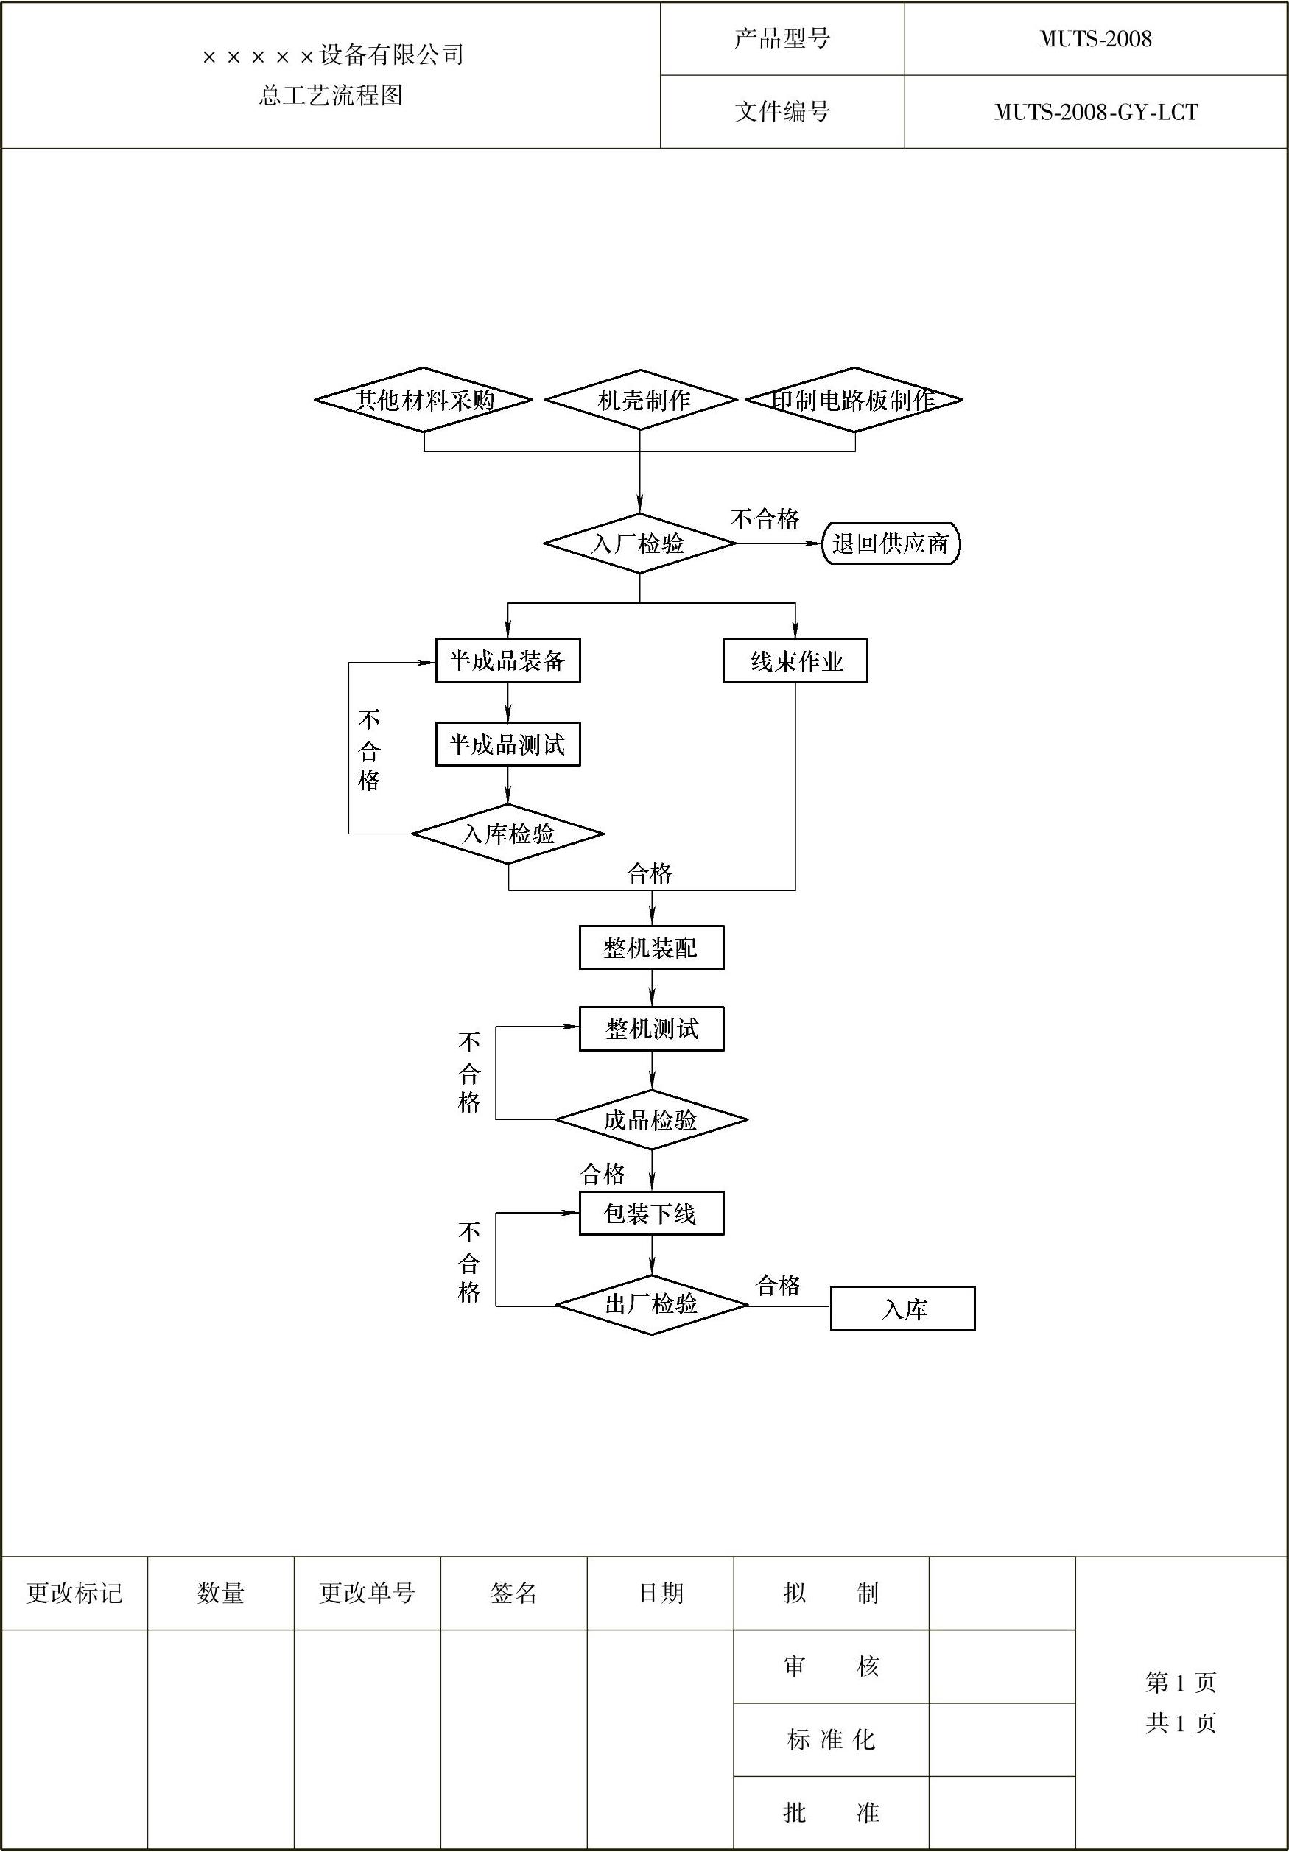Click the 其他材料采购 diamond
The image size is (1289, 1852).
click(424, 400)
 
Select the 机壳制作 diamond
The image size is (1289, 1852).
click(641, 400)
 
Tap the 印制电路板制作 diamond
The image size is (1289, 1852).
click(854, 400)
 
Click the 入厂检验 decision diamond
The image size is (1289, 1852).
click(639, 543)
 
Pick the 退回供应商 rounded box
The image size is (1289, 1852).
click(891, 543)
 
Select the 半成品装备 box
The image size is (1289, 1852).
click(507, 661)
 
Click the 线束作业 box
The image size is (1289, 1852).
click(795, 661)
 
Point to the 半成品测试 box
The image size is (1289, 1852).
click(507, 744)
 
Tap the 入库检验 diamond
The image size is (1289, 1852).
click(508, 834)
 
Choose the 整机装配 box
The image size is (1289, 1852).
click(651, 948)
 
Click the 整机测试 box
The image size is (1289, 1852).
click(651, 1029)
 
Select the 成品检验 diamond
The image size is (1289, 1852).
click(651, 1120)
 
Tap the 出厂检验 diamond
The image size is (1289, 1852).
click(651, 1304)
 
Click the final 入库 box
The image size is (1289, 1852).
click(902, 1309)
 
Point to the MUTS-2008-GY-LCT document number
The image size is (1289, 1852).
click(1095, 112)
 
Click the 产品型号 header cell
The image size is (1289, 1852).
click(782, 39)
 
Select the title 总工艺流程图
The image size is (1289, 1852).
click(331, 96)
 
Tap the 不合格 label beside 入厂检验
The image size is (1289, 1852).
click(765, 518)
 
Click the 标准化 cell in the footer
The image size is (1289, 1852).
click(831, 1740)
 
